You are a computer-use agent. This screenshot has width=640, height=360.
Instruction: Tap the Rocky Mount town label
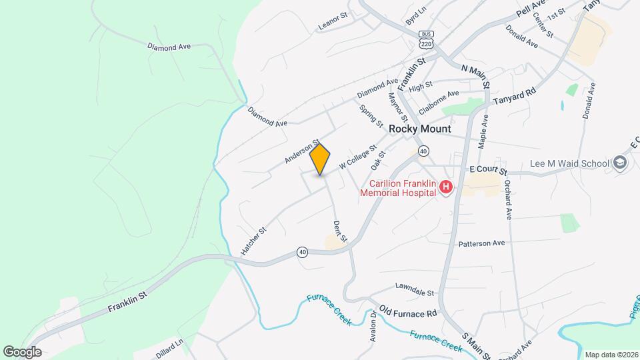click(419, 129)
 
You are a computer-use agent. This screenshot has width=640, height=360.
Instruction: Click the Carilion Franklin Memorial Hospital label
click(398, 188)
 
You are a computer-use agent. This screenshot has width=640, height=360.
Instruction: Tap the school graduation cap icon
click(621, 163)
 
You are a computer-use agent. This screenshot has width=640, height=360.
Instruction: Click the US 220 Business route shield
click(427, 39)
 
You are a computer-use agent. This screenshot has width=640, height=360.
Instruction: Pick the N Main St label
click(475, 76)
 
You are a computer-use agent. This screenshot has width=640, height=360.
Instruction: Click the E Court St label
click(489, 170)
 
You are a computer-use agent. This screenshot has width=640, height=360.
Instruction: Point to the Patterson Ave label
click(481, 244)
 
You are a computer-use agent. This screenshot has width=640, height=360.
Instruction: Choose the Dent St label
click(340, 231)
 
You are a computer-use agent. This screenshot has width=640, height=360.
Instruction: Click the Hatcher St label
click(253, 241)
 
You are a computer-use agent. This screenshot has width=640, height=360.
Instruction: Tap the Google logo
click(22, 351)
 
